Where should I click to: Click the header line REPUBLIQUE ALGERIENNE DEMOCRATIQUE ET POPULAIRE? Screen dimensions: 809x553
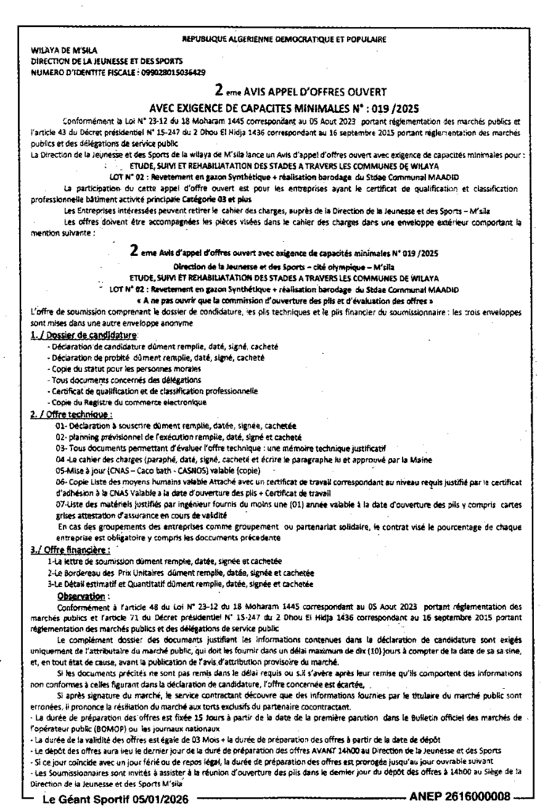284,39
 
